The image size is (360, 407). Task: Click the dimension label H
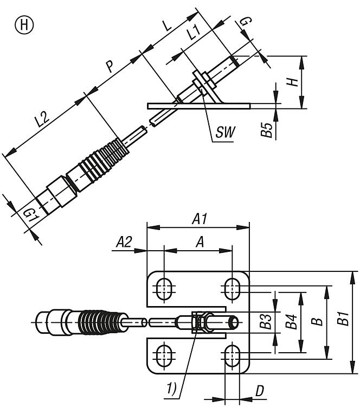click(x=293, y=82)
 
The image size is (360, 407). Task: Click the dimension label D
click(x=260, y=391)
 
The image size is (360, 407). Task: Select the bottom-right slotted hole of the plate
click(x=233, y=357)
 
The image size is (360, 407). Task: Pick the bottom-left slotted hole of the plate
click(x=163, y=357)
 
